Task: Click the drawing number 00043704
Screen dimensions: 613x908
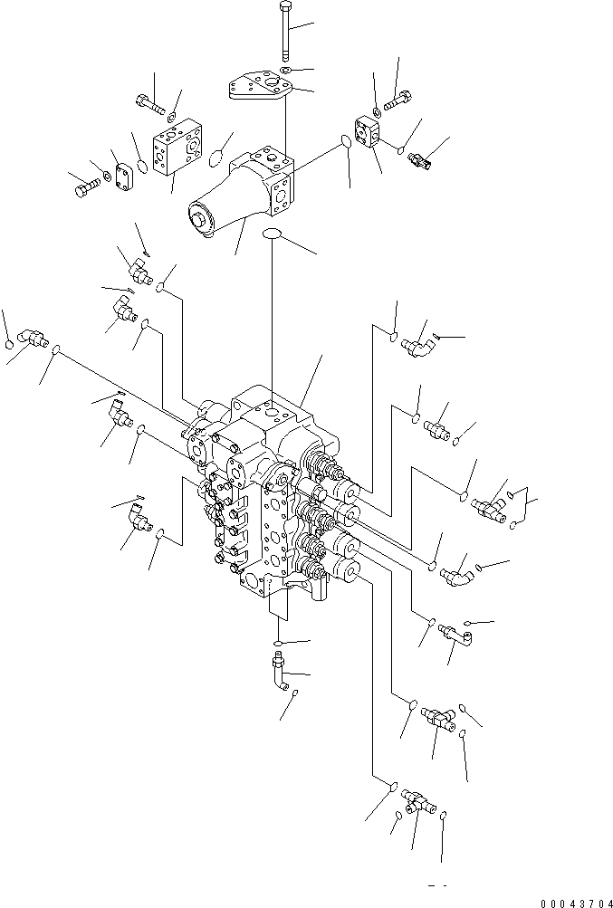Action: pyautogui.click(x=577, y=903)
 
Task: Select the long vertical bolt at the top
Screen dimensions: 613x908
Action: pyautogui.click(x=284, y=32)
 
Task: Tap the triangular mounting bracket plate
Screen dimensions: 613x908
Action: pyautogui.click(x=259, y=85)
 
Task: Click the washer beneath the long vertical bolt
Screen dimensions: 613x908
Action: pyautogui.click(x=285, y=70)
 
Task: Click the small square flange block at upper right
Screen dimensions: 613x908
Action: pyautogui.click(x=368, y=130)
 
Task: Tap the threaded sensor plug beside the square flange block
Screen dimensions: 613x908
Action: pyautogui.click(x=419, y=160)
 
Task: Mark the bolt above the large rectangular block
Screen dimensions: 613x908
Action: pyautogui.click(x=150, y=104)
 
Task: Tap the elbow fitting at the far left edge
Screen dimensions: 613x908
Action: pyautogui.click(x=33, y=337)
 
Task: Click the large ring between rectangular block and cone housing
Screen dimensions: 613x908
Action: pyautogui.click(x=216, y=157)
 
